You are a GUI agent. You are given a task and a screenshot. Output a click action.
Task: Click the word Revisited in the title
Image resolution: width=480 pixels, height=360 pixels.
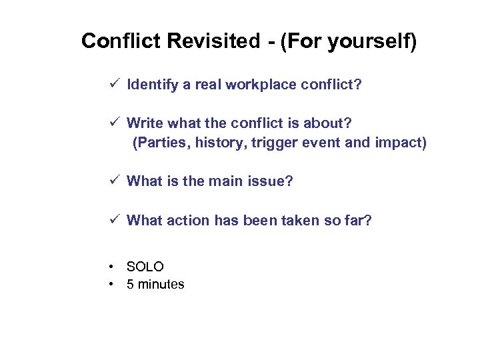coord(213,41)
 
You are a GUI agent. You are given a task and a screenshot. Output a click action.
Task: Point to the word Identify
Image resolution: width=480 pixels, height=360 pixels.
coord(153,85)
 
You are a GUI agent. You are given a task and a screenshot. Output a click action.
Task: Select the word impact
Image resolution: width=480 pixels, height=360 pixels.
coord(399,143)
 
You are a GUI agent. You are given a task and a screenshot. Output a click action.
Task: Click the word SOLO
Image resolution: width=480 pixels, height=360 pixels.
coord(145,267)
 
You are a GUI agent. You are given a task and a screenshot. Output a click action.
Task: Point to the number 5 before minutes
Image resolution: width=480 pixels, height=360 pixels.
coord(131,285)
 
